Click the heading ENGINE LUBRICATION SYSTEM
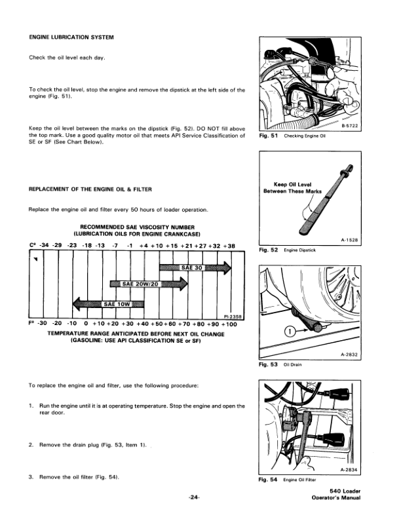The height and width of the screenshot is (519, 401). coord(72,37)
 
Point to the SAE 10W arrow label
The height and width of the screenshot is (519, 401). coord(119,303)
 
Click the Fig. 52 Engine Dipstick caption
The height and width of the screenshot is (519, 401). coord(288,250)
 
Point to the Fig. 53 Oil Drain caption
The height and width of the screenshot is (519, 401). coord(281,365)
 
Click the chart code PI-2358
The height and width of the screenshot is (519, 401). coord(233,316)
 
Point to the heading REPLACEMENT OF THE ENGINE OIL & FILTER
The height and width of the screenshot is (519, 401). coord(90,189)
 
